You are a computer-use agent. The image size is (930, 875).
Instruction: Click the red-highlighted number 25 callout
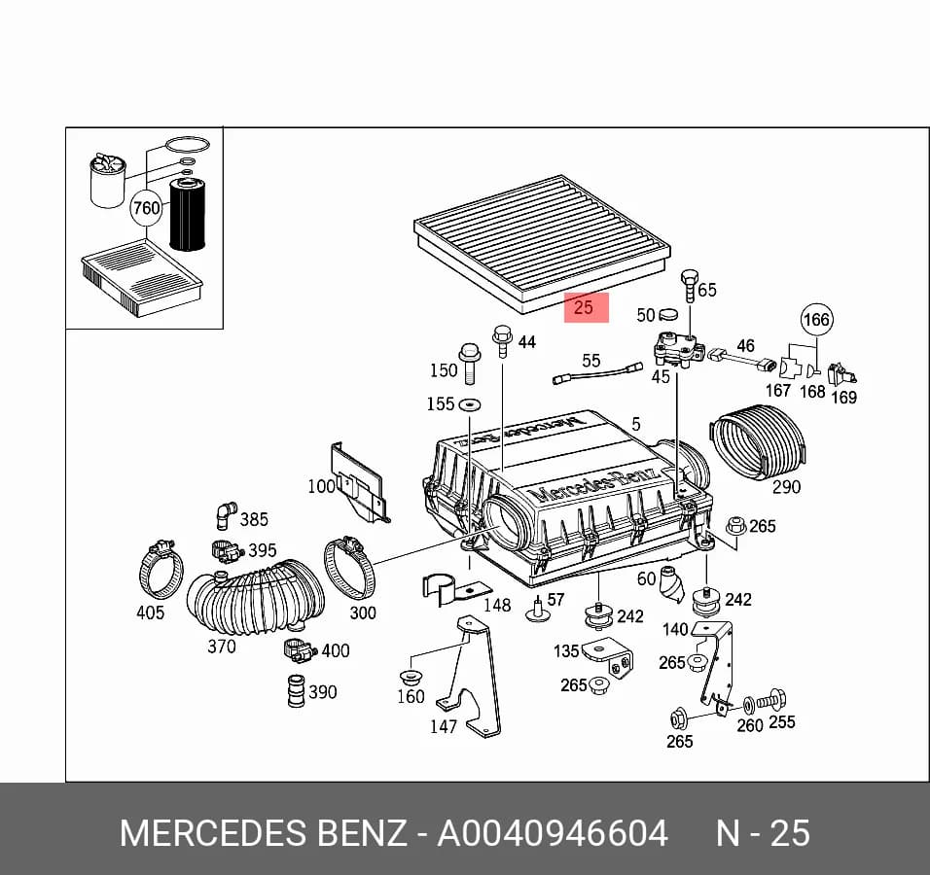pos(586,307)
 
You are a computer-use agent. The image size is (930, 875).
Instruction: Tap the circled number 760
pos(146,208)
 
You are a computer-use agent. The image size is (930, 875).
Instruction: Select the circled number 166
pos(816,320)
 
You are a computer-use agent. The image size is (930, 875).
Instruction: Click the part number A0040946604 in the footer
pos(553,833)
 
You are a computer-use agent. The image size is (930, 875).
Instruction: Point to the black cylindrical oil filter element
pos(188,215)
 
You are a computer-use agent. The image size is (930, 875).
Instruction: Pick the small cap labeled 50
pos(668,314)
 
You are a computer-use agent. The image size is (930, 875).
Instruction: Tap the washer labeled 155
pos(470,404)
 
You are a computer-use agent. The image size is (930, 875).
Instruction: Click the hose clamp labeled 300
pos(350,568)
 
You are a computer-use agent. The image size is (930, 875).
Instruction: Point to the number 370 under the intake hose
pos(222,647)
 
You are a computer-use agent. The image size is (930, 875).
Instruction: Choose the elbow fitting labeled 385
pos(225,515)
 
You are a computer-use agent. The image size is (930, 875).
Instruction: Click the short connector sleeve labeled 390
pos(296,691)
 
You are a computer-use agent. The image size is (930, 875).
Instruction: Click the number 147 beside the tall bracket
pos(444,726)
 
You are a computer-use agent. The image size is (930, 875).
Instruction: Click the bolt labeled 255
pos(771,701)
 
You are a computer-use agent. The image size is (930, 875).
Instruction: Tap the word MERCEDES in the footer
pos(213,833)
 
